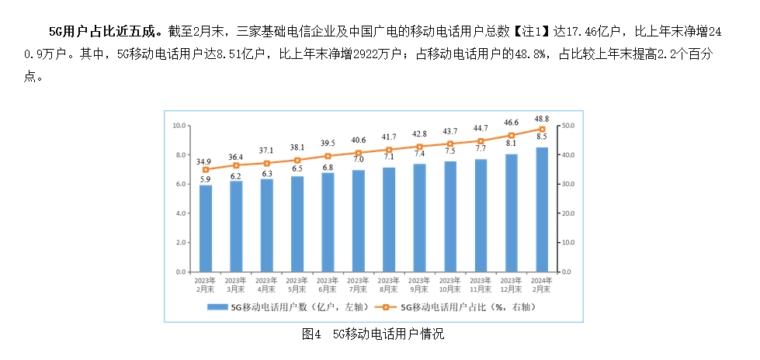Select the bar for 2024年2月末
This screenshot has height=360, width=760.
point(542,209)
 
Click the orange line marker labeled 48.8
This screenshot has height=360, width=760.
point(542,130)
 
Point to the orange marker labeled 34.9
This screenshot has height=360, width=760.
point(206,170)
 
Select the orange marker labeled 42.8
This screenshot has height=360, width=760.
point(420,147)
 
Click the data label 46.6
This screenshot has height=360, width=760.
point(512,123)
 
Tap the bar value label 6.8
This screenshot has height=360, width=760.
point(328,168)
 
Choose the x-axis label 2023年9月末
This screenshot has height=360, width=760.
point(420,285)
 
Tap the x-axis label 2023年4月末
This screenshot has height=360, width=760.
point(266,285)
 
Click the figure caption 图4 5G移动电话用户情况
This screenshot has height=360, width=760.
point(373,334)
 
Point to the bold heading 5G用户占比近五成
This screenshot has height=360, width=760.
point(100,33)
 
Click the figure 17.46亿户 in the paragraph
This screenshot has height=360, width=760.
point(589,33)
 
